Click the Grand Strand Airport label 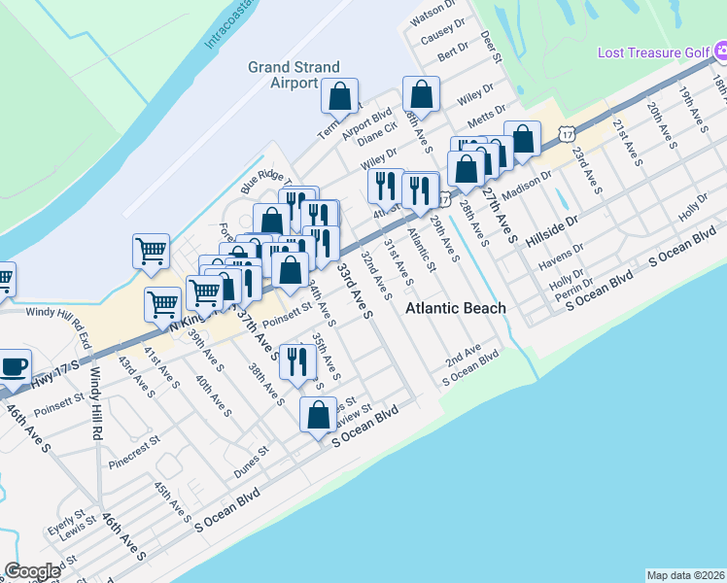pyautogui.click(x=294, y=75)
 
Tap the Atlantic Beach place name pyautogui.click(x=455, y=308)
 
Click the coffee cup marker pyautogui.click(x=15, y=368)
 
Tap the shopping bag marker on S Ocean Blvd pyautogui.click(x=319, y=415)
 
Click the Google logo pyautogui.click(x=32, y=571)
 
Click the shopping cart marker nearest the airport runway pyautogui.click(x=152, y=252)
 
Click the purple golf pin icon pyautogui.click(x=720, y=51)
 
